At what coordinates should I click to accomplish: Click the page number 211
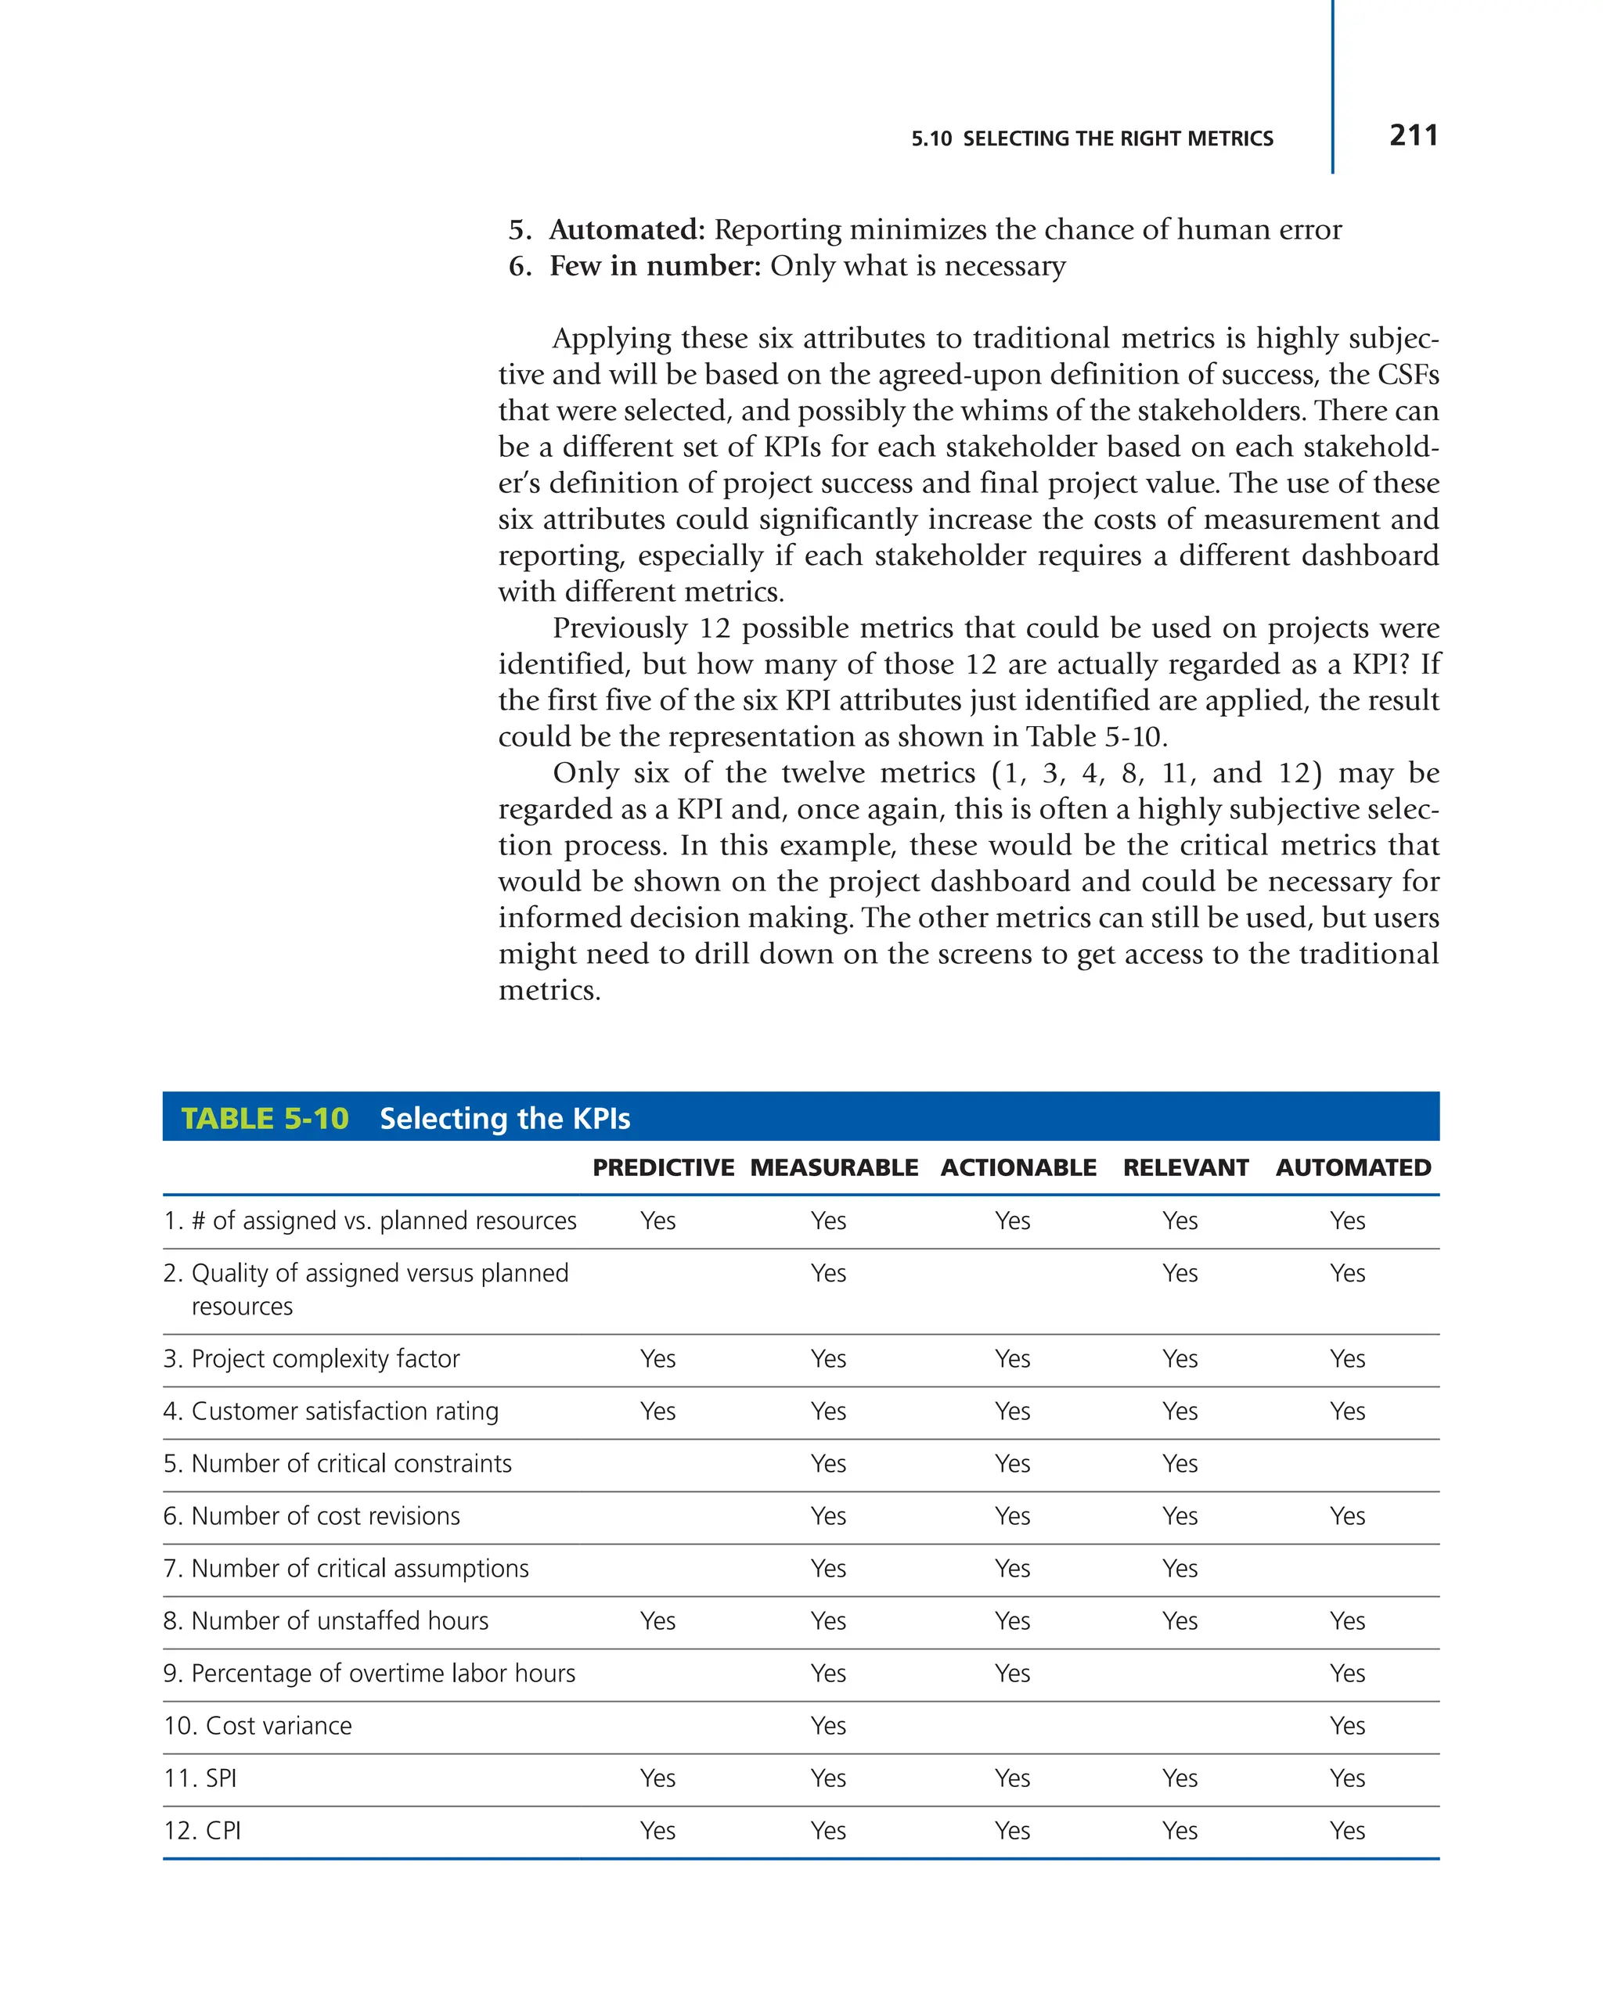click(1412, 136)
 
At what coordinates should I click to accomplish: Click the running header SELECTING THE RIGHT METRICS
click(1117, 139)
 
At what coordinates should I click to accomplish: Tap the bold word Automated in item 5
click(625, 229)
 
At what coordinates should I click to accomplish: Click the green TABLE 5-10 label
click(265, 1118)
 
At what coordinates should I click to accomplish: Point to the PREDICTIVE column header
click(663, 1167)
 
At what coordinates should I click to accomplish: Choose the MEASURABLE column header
click(834, 1167)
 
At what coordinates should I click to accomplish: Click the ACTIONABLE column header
click(1018, 1167)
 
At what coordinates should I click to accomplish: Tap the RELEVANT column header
click(1185, 1167)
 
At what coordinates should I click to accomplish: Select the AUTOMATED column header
click(1353, 1167)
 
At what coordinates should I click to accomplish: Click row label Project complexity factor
click(325, 1358)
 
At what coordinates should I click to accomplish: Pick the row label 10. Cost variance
click(258, 1726)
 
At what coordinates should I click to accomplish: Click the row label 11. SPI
click(200, 1778)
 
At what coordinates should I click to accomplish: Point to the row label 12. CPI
click(203, 1830)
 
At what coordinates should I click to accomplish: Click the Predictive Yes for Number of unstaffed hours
click(657, 1621)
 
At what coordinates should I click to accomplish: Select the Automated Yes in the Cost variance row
click(1346, 1726)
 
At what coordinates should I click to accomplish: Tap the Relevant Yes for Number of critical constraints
click(1180, 1464)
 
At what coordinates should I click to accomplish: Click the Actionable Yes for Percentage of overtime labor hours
click(1012, 1674)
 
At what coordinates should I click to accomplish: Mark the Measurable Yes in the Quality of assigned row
click(828, 1274)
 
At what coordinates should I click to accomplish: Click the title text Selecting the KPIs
click(505, 1118)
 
